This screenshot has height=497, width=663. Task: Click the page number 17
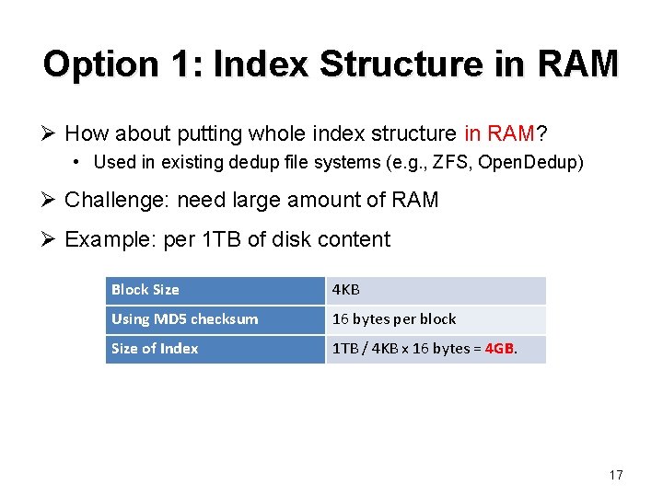pyautogui.click(x=616, y=475)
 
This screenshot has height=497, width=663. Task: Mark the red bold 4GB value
pyautogui.click(x=500, y=349)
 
